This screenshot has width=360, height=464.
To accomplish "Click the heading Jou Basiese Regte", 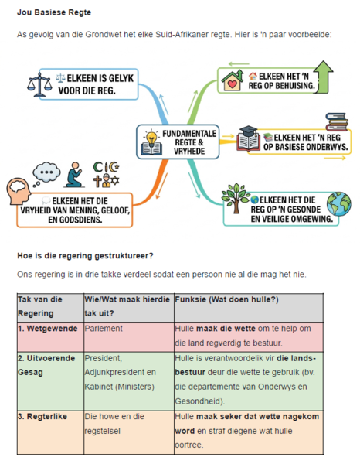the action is [54, 12].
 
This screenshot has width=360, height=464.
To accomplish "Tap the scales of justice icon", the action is [39, 85].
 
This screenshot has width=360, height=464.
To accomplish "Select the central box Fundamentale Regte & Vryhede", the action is [178, 142].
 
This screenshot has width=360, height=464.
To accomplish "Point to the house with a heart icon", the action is [233, 80].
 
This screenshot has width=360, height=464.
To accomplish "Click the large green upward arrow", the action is [324, 77].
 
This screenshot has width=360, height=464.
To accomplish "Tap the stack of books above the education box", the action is [337, 121].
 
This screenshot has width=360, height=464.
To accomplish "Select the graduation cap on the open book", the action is [248, 131].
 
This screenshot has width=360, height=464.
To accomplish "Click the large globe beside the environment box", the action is [338, 204].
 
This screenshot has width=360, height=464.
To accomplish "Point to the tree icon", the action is [236, 198].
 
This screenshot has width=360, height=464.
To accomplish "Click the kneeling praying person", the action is [73, 175].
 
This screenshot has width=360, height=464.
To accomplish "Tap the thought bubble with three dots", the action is [46, 173].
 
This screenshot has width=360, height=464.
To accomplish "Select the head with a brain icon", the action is [19, 191].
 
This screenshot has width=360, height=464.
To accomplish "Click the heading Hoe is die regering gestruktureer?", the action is [85, 256].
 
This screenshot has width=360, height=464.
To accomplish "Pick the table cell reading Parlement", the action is [104, 329].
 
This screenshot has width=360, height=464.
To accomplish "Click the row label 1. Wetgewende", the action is [48, 329].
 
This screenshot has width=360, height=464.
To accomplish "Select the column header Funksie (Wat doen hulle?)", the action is [226, 299].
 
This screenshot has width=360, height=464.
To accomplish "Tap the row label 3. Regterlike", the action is [42, 416].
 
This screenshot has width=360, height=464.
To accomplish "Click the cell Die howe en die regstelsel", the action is [114, 424].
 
